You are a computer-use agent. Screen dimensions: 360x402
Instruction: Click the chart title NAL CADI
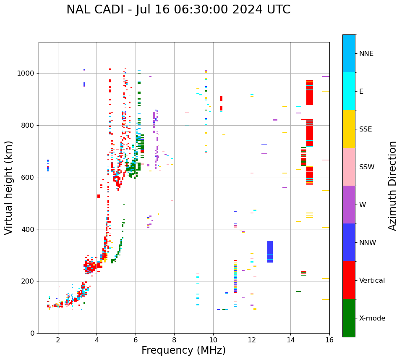pos(178,10)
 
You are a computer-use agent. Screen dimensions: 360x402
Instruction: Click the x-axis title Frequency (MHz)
pos(183,350)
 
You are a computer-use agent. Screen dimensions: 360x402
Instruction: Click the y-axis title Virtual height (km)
pos(9,188)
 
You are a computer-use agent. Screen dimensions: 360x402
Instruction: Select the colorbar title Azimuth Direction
pos(392,186)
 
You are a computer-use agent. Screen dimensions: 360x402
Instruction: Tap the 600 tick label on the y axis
pos(28,177)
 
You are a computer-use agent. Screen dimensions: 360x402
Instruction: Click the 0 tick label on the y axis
pos(32,333)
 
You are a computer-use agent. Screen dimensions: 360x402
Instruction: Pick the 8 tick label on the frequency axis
pos(174,340)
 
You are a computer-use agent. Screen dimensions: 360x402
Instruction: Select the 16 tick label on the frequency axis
pos(329,340)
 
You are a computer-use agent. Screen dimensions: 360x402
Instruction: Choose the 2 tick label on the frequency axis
pos(58,340)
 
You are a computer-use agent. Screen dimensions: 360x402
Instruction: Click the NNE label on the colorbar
pos(366,54)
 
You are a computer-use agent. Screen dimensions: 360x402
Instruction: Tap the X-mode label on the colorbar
pos(372,318)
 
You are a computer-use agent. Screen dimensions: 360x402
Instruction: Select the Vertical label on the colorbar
pos(372,281)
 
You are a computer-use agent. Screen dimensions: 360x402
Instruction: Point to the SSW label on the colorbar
pos(367,167)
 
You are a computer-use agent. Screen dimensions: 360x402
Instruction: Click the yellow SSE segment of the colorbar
pos(349,129)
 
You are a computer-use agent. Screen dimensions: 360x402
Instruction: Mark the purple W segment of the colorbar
pos(349,205)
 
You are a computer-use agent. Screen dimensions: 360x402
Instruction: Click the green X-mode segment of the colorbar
pos(349,318)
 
